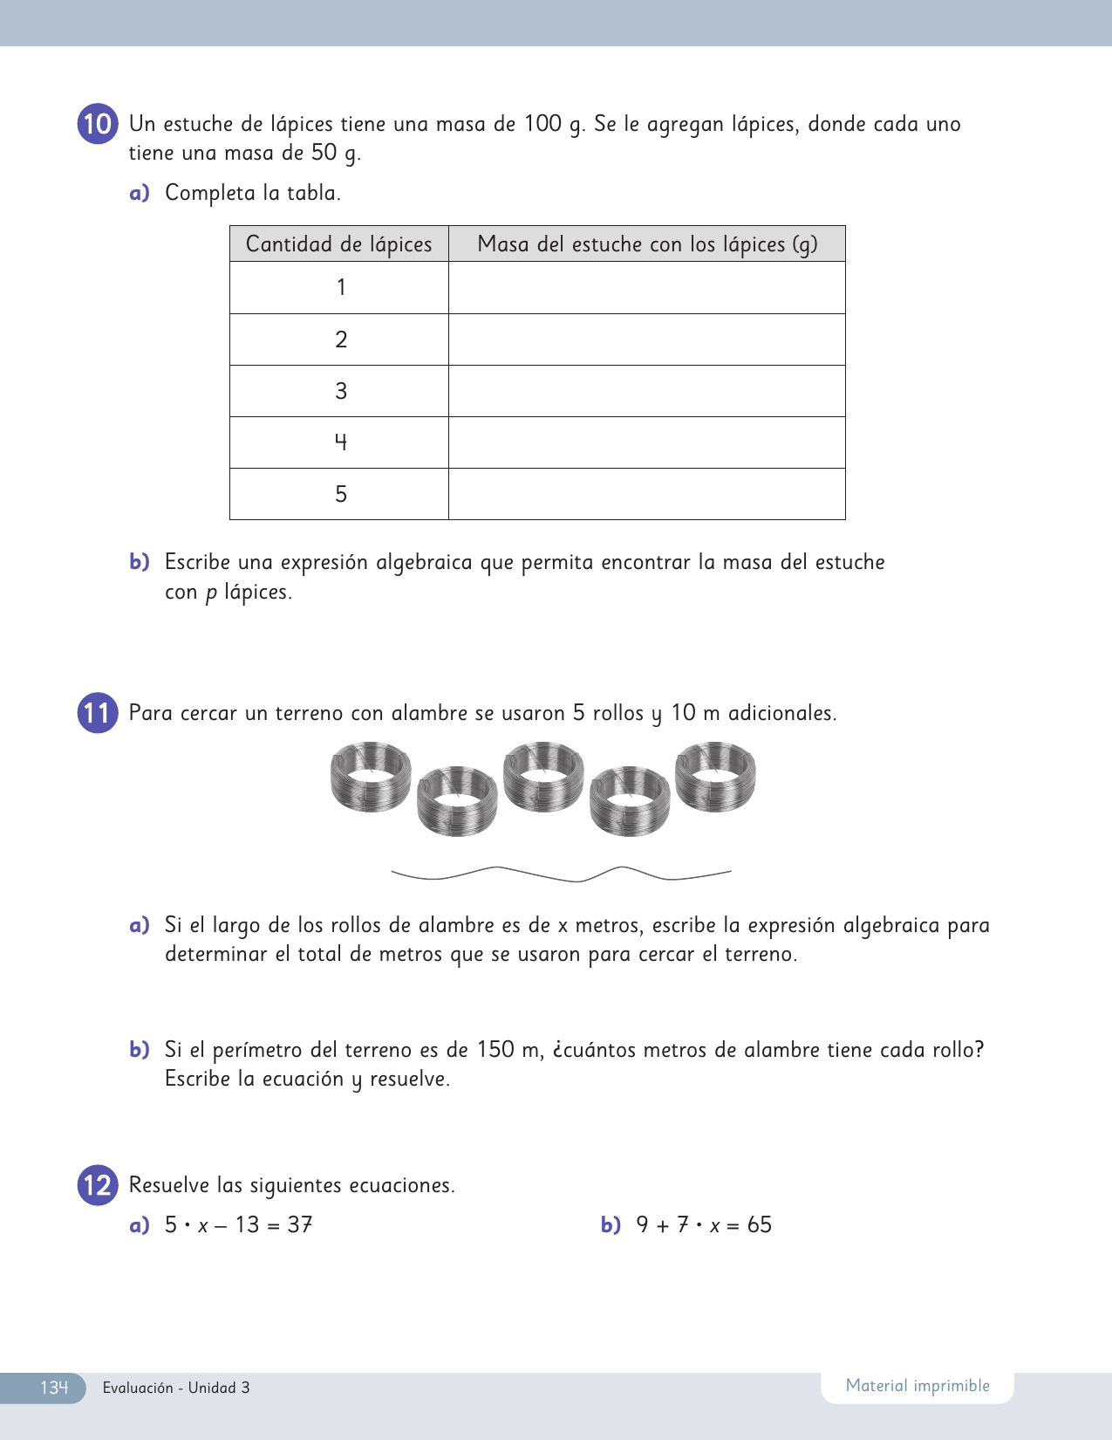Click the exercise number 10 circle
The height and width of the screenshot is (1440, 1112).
[x=98, y=124]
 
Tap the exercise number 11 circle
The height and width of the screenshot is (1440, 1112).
[x=98, y=713]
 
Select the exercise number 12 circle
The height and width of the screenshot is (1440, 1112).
[x=98, y=1185]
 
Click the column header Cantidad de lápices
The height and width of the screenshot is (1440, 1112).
[x=338, y=244]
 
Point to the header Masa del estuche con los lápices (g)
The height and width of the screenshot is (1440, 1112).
[x=647, y=244]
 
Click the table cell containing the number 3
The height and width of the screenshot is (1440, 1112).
[x=340, y=391]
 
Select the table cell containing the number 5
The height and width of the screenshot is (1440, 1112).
[x=340, y=494]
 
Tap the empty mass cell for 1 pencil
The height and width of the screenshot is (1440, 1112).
[x=647, y=288]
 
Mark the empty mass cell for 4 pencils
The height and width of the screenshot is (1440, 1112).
[x=647, y=442]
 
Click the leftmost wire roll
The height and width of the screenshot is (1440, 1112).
[x=371, y=777]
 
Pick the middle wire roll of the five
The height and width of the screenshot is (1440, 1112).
[x=543, y=777]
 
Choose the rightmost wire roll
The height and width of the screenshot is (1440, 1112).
[x=715, y=777]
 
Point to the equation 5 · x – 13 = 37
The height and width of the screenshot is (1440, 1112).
[x=238, y=1225]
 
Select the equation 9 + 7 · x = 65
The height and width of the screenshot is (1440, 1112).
[x=704, y=1225]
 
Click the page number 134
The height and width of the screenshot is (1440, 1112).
[x=53, y=1388]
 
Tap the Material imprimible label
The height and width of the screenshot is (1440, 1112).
[x=918, y=1386]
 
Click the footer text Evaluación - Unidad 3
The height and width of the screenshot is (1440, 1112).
[x=176, y=1388]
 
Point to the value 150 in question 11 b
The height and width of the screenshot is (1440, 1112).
[x=495, y=1049]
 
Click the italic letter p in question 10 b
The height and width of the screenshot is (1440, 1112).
[x=211, y=593]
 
